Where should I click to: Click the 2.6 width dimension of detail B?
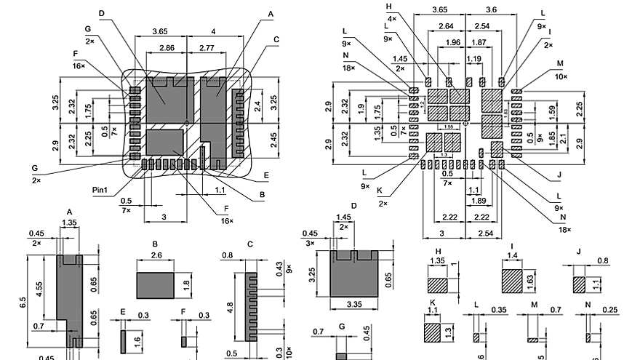[156, 255]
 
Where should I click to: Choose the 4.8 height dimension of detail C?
[230, 308]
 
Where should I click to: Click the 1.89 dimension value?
[479, 200]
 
